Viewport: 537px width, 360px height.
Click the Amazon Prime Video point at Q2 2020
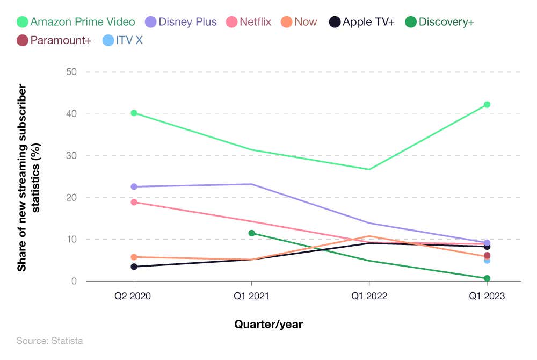point(134,113)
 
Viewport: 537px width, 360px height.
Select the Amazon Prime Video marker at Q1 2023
point(487,104)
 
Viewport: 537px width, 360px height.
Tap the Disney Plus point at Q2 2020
point(134,186)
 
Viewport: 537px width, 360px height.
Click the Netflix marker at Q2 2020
point(134,202)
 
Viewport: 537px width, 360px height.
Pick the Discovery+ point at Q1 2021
point(251,233)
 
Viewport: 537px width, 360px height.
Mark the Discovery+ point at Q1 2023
point(487,278)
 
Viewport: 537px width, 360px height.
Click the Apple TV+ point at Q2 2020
point(134,267)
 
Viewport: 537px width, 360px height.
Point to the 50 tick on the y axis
point(71,72)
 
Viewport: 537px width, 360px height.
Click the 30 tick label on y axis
point(71,156)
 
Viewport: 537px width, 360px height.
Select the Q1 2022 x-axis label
point(369,296)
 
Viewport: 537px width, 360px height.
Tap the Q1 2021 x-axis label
point(251,296)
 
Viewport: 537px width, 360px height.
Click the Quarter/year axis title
point(268,324)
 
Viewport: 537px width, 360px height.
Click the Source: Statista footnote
point(49,341)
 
